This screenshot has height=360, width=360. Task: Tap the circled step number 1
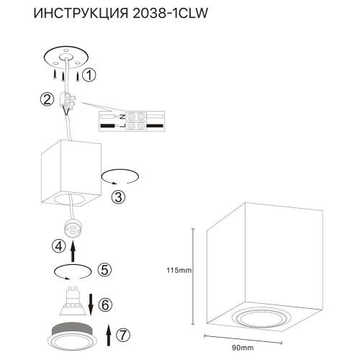[89, 74]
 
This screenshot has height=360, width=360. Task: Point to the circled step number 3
[120, 196]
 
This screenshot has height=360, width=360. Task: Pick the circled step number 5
[104, 271]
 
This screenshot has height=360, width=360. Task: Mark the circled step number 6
[105, 305]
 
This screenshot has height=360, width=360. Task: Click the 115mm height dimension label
[178, 271]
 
